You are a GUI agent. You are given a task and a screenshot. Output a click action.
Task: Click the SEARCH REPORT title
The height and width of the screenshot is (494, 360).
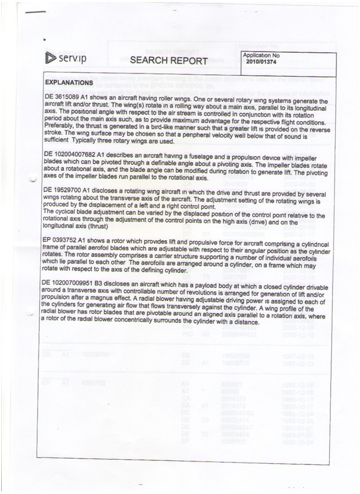pos(168,60)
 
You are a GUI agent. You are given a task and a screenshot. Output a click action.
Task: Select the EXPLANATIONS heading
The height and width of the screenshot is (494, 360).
pos(69,82)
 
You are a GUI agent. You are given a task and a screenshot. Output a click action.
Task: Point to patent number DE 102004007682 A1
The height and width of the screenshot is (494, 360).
pos(80,154)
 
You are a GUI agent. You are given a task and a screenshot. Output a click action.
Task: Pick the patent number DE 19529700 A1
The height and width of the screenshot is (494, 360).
pos(73,189)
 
